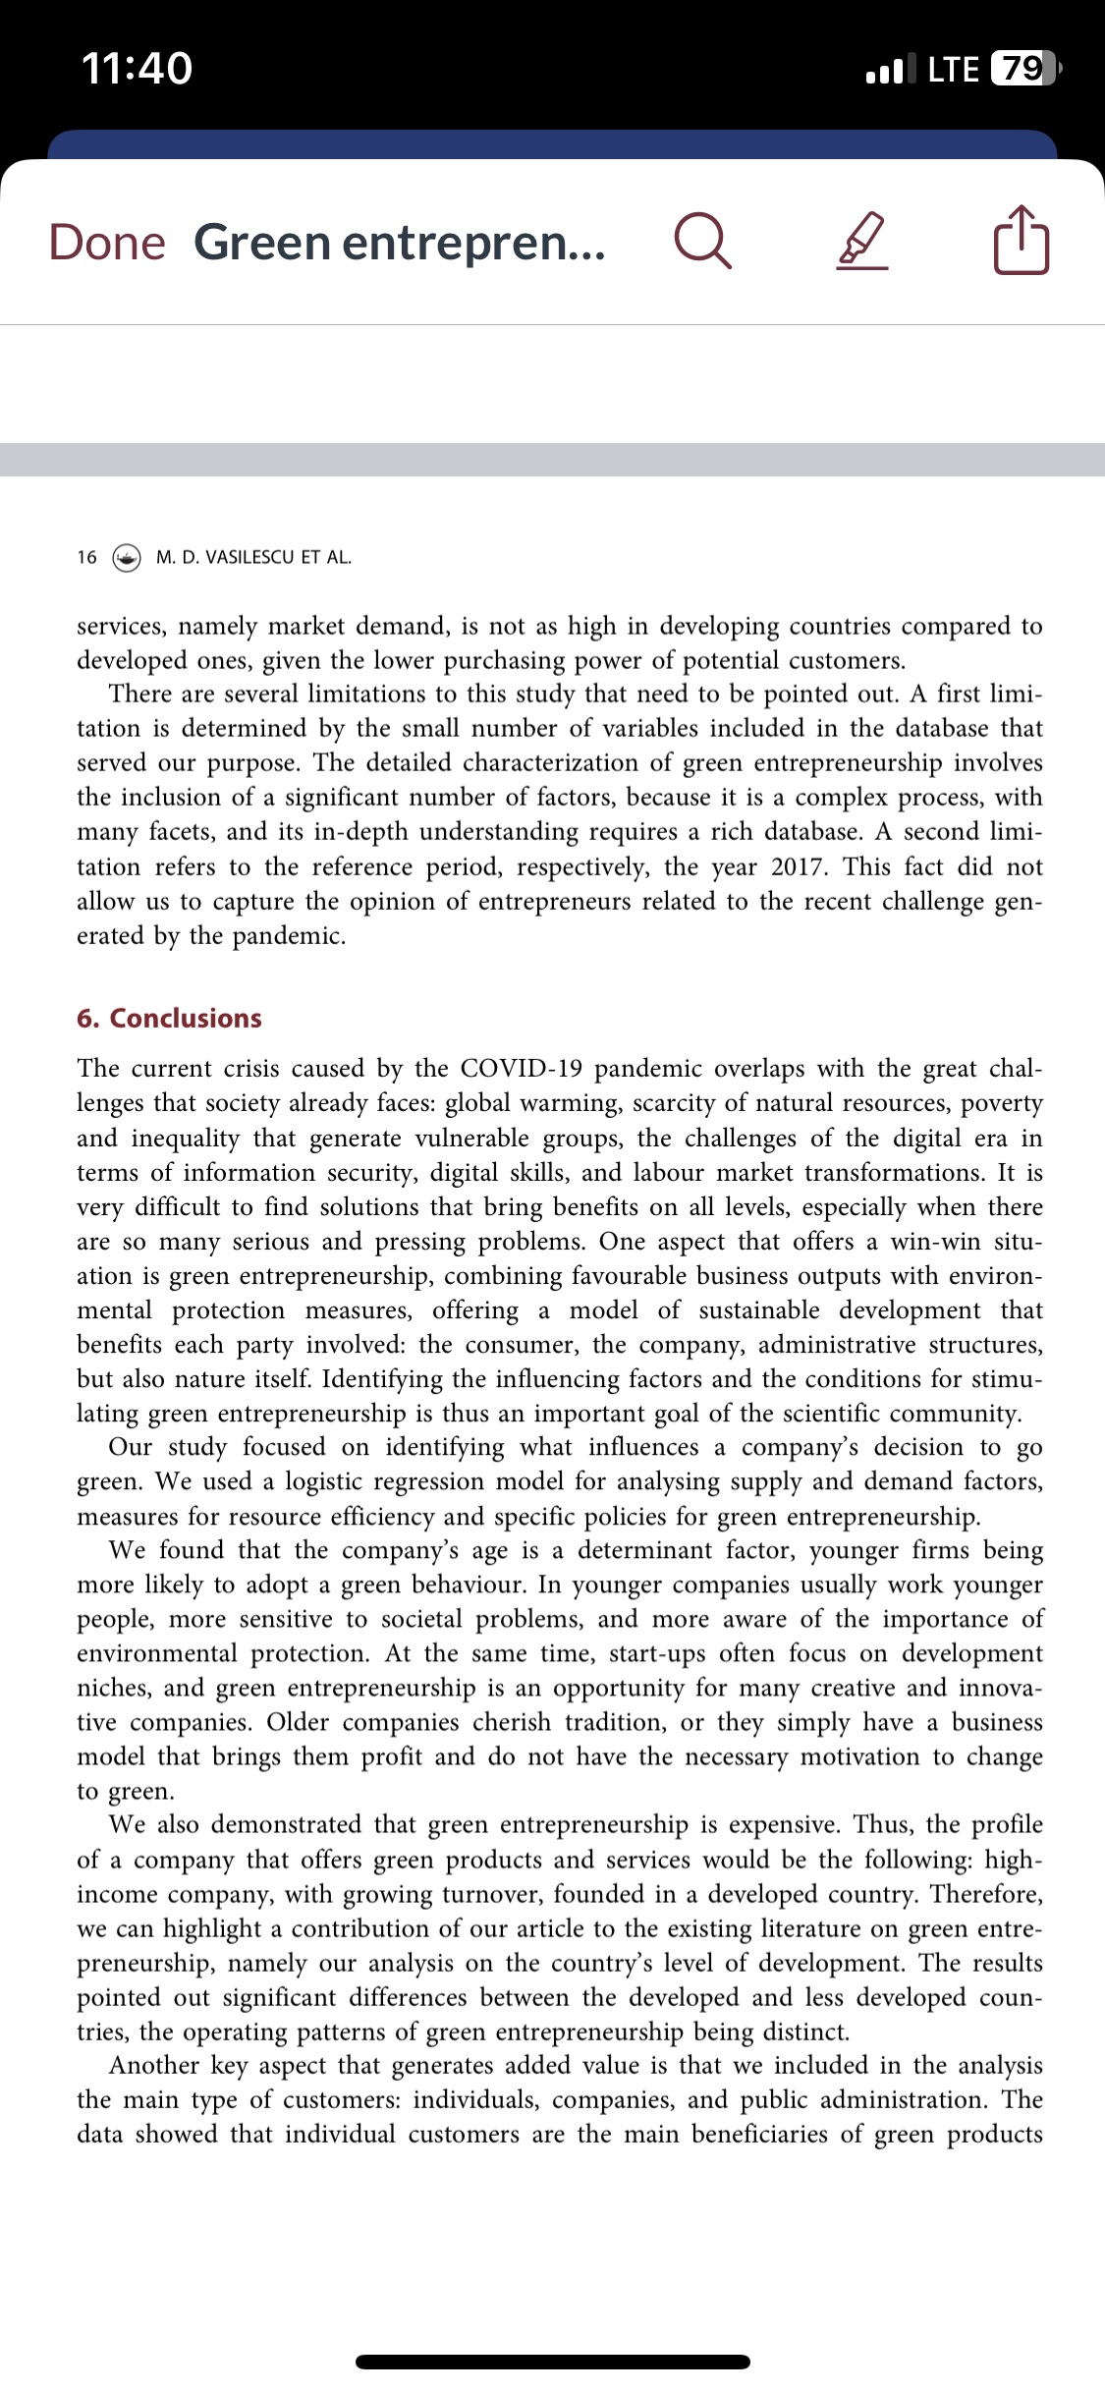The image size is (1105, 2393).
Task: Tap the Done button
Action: coord(107,242)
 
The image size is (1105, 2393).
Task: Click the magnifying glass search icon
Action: coord(702,242)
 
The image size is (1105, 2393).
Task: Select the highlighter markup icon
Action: coord(862,242)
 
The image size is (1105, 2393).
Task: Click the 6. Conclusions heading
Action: coord(169,1018)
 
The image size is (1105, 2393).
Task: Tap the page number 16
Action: coord(86,557)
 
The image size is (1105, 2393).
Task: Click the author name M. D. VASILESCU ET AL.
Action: coord(253,557)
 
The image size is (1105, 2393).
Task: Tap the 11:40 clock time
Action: coord(137,68)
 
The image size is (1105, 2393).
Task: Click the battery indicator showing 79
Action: coord(1024,68)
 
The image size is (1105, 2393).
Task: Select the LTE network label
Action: coord(953,68)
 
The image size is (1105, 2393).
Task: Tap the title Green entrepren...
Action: coord(399,242)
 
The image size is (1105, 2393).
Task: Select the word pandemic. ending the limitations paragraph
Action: coord(289,935)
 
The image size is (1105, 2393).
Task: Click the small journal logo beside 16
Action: coord(127,557)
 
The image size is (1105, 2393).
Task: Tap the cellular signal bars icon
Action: coord(889,69)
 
